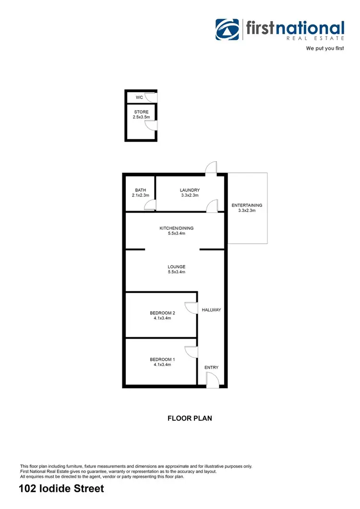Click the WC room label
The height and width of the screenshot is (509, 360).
point(140,97)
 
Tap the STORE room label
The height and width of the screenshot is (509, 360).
point(141,112)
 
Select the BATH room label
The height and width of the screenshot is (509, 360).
point(140,190)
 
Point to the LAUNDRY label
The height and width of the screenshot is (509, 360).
point(190,190)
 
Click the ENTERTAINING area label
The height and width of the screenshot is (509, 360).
point(247,206)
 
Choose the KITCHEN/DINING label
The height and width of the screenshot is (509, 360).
point(177,228)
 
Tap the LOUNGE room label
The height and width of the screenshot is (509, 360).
point(177,267)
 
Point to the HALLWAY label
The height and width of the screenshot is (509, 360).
point(211,310)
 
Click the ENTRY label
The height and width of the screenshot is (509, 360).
point(211,367)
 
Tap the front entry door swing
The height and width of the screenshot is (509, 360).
point(213,381)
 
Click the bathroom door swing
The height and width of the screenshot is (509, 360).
point(150,206)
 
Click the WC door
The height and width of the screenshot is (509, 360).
point(151,97)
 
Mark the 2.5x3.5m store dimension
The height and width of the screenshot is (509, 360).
point(141,117)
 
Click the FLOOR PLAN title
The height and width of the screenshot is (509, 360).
point(190,418)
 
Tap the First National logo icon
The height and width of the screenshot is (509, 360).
point(227,30)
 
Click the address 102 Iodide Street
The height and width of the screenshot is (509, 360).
point(61,489)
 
